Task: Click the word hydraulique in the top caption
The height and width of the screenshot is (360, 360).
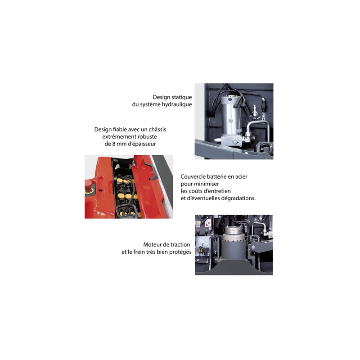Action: [x=176, y=104]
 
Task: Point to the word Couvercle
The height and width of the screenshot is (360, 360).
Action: [x=194, y=177]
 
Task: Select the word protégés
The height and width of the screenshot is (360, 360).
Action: [x=180, y=252]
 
